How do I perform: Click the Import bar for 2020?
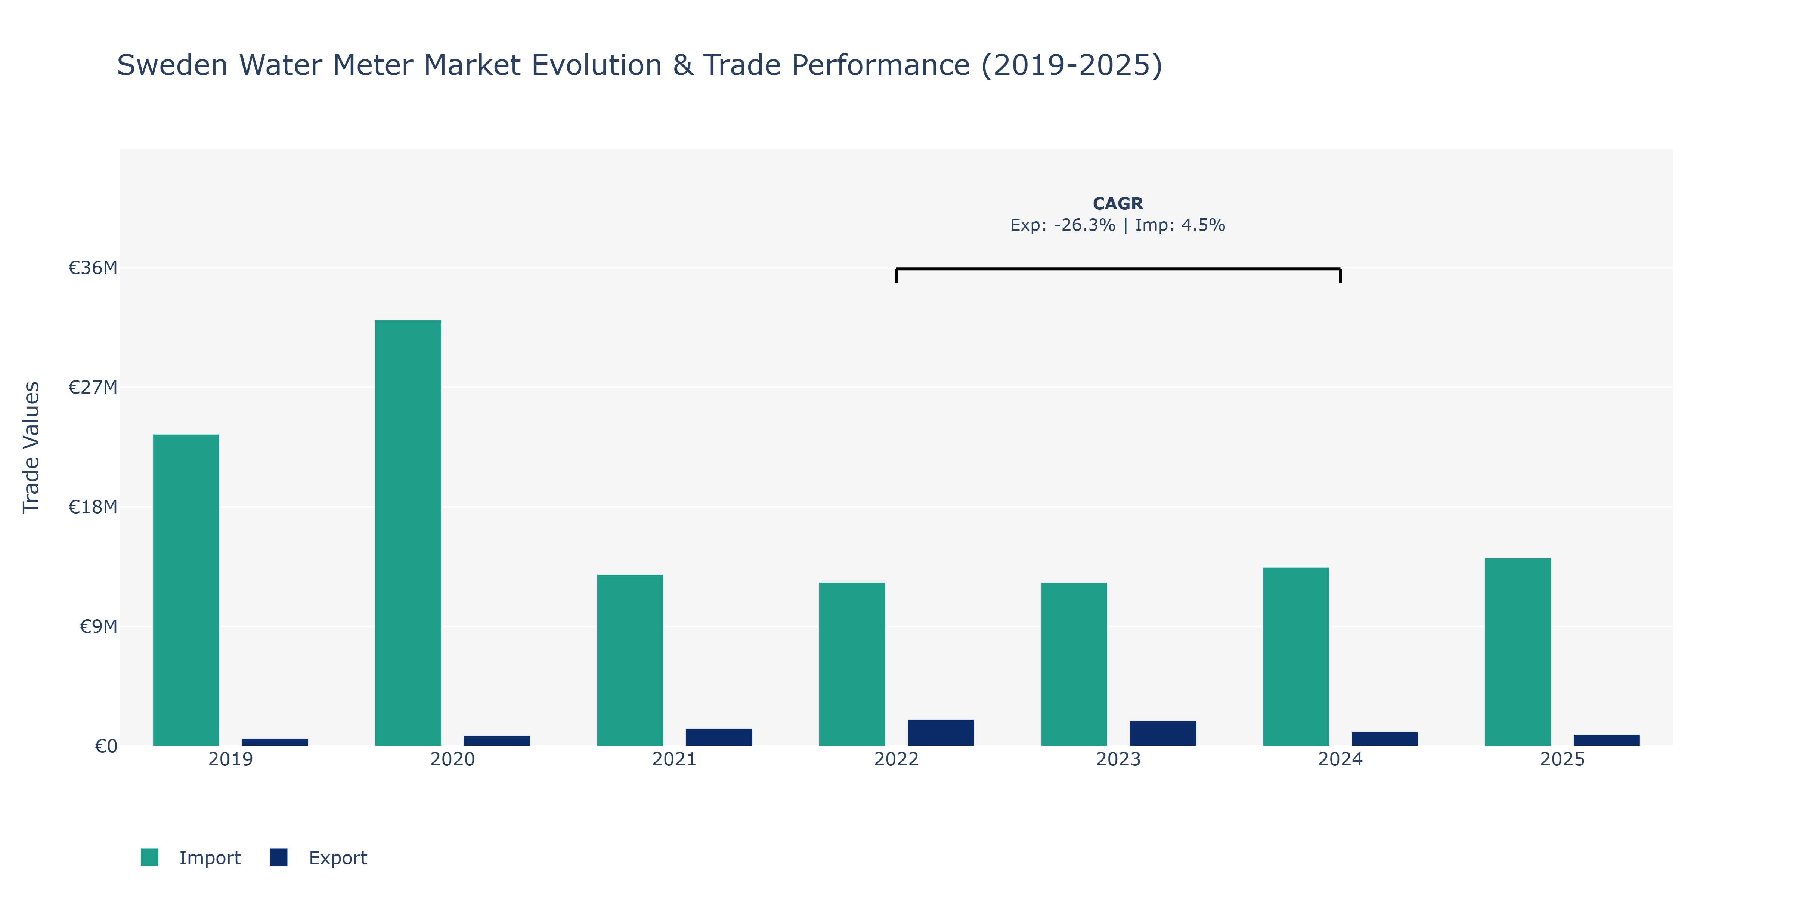tap(408, 533)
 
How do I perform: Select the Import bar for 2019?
tap(186, 590)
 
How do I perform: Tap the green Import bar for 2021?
tap(630, 660)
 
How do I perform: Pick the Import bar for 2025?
tap(1518, 652)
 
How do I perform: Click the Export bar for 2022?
tap(941, 733)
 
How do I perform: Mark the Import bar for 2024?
tap(1296, 657)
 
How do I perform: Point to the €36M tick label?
tap(93, 268)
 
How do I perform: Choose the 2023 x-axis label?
tap(1118, 759)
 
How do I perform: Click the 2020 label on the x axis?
tap(452, 759)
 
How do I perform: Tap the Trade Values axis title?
tap(31, 448)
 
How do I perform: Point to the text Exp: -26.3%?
tap(1063, 225)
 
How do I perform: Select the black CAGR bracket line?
tap(1118, 269)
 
